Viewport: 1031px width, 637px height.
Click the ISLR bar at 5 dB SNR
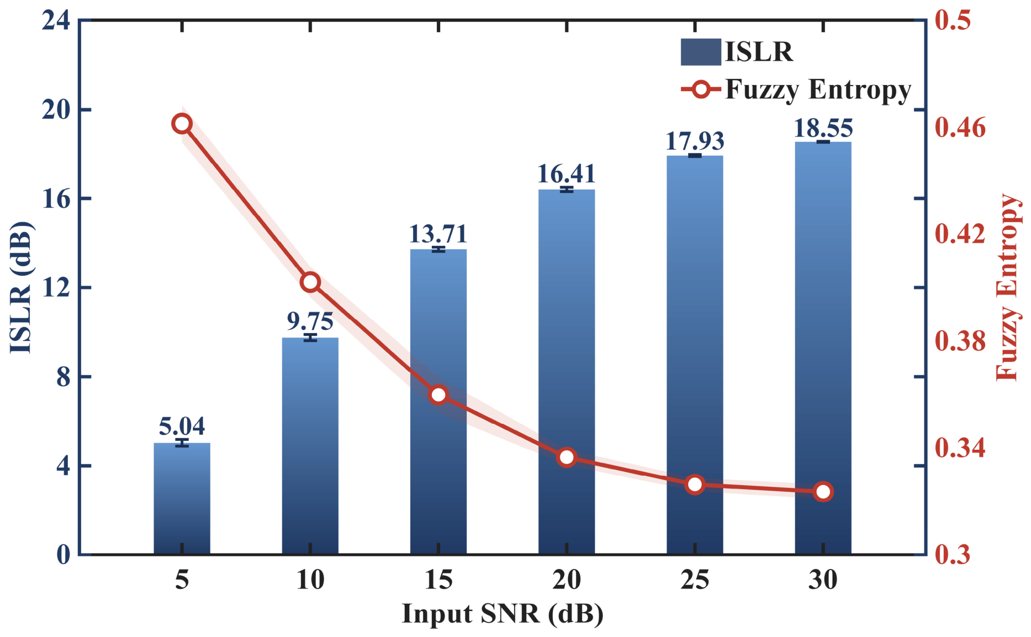182,498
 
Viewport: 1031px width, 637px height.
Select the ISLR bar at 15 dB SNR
438,402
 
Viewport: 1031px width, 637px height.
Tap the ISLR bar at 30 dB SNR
823,348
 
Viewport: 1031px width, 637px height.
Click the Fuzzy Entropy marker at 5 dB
182,124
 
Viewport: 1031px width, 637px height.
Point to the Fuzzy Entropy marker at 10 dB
310,282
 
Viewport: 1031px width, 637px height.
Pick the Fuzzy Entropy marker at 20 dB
567,457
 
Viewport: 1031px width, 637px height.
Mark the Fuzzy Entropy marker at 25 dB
695,485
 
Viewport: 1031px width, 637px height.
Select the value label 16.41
567,174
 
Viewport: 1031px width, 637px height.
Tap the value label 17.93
695,141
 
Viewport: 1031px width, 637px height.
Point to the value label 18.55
823,128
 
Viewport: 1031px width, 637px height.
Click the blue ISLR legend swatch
701,52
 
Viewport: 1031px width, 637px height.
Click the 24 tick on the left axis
56,21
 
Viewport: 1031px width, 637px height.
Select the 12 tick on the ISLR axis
56,288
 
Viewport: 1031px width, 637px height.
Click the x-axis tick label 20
567,580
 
